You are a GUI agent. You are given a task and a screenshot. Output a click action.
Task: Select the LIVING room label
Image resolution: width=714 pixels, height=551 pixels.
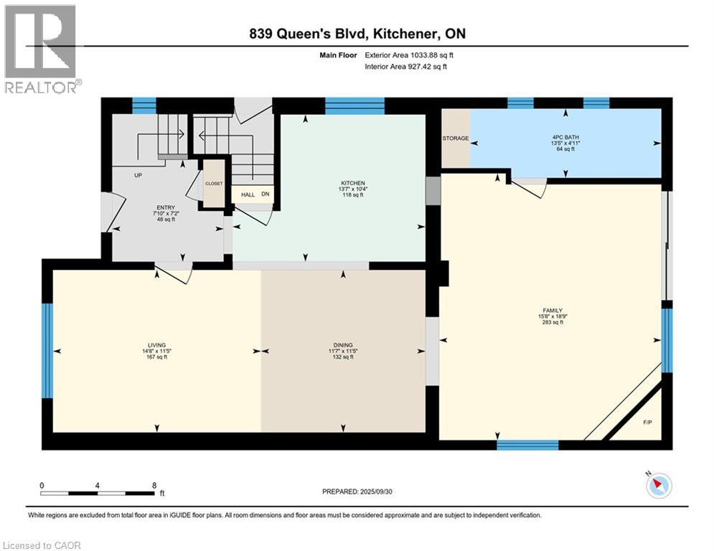click(x=156, y=345)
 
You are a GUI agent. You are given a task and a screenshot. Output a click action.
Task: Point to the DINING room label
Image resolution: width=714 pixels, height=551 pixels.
click(x=342, y=345)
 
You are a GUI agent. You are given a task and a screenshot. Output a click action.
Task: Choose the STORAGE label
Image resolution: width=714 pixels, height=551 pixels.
click(x=455, y=138)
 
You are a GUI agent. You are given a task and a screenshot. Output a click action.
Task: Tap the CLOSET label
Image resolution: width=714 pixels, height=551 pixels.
click(x=214, y=184)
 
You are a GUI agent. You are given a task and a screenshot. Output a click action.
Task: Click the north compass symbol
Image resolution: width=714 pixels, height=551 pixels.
click(x=658, y=486)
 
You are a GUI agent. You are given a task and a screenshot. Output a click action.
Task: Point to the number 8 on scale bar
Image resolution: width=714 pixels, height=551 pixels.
click(x=154, y=485)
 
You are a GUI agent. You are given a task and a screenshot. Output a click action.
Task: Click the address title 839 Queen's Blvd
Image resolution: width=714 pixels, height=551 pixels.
click(x=357, y=34)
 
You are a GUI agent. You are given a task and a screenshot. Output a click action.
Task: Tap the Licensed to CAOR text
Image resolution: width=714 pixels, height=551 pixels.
click(x=43, y=545)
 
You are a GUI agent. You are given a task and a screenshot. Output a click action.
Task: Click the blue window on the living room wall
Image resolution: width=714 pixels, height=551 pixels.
click(x=47, y=350)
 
